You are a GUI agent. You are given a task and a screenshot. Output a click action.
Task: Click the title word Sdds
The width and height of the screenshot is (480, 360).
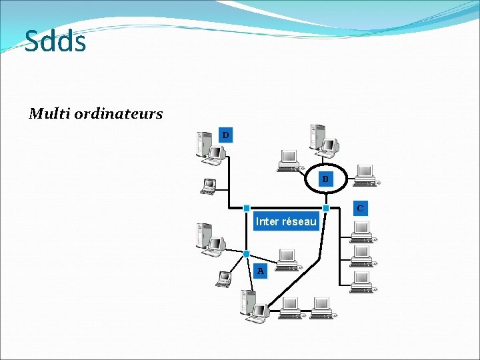(55, 41)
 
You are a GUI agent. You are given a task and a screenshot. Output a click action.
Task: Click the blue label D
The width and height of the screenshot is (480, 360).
(225, 135)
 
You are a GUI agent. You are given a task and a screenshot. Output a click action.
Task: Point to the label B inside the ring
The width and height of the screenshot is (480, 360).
(325, 179)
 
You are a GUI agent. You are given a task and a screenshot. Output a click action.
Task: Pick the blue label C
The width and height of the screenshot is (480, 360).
(359, 208)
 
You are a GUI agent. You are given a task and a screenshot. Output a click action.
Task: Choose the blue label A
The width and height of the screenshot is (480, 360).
(261, 271)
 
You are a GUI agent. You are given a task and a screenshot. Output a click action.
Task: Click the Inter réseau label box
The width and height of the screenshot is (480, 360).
(286, 221)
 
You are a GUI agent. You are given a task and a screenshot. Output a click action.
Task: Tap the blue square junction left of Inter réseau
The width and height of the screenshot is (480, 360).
(246, 209)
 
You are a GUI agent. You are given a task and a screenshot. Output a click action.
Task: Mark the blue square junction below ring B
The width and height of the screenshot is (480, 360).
(326, 209)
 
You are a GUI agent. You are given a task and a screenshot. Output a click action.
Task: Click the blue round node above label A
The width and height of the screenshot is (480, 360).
(246, 254)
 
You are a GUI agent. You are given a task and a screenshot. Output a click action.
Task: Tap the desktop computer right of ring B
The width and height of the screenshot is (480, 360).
(365, 175)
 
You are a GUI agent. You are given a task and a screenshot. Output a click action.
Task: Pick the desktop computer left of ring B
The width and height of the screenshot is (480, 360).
(289, 161)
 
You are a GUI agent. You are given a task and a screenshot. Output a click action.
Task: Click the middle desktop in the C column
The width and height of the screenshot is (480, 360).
(361, 254)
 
